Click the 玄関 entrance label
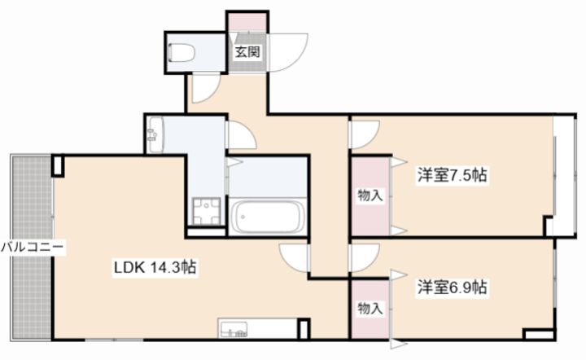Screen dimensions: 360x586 (x=247, y=51)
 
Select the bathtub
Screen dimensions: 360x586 (x=267, y=217)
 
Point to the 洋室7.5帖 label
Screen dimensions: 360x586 (x=453, y=174)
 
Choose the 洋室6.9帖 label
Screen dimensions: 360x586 (x=453, y=287)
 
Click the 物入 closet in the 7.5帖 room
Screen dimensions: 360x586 (x=370, y=195)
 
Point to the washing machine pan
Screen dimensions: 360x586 (x=207, y=213)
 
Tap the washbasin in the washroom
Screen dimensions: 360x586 (x=155, y=134)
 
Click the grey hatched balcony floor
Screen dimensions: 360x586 (x=31, y=204)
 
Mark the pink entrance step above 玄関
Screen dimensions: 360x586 (x=247, y=23)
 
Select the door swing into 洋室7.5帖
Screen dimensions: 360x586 (x=364, y=133)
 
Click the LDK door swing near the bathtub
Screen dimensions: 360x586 (x=295, y=255)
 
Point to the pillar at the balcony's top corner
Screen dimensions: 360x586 (x=58, y=165)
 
